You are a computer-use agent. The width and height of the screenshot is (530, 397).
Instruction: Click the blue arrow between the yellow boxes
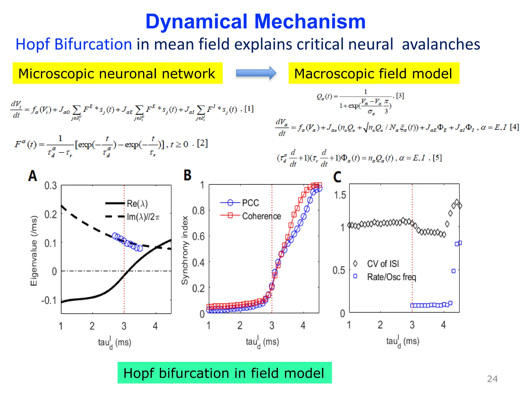[256, 73]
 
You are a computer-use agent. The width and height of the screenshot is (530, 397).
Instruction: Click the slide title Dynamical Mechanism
[255, 21]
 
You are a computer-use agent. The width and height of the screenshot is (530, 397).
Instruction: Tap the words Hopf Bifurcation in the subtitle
[74, 44]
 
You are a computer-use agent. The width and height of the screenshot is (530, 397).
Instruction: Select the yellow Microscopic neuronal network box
[117, 73]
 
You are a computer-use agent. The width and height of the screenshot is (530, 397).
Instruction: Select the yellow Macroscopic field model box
[373, 73]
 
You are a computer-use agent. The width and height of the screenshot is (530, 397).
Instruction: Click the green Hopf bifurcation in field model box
[224, 373]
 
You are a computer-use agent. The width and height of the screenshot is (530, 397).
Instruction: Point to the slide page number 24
[492, 379]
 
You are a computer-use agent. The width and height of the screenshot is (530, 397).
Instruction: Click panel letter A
[33, 176]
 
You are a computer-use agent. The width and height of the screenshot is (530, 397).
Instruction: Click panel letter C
[337, 177]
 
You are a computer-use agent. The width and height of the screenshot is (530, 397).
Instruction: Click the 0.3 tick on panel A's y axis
[50, 186]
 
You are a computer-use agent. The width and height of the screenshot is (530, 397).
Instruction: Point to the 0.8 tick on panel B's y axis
[198, 211]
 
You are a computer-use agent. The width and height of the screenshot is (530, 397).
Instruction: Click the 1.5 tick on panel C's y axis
[340, 195]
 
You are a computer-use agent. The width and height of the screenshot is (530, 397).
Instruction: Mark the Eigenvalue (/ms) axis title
[34, 251]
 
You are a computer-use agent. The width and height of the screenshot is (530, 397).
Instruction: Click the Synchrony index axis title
[185, 250]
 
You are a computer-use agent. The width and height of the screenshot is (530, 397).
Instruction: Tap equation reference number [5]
[437, 158]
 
